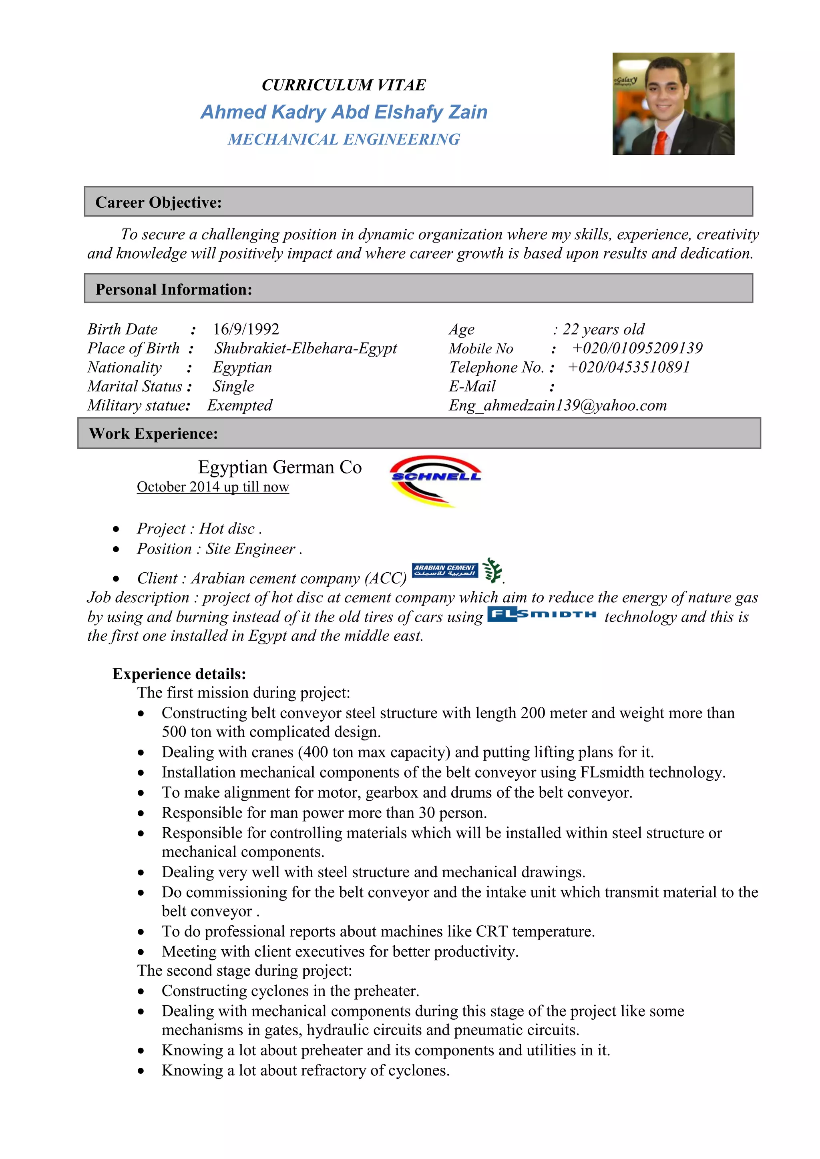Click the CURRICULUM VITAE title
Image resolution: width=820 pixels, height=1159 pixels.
coord(344,85)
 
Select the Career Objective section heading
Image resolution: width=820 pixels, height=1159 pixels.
coord(159,203)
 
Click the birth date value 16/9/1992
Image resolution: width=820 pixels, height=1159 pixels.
coord(246,329)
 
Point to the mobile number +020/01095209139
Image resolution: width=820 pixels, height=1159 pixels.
coord(637,348)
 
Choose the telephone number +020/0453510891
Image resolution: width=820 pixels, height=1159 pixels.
coord(629,367)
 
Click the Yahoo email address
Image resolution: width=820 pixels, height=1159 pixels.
coord(557,405)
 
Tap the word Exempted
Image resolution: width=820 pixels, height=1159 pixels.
coord(240,405)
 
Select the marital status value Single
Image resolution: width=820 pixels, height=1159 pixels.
coord(233,386)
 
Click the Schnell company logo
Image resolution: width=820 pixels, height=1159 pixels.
coord(435,480)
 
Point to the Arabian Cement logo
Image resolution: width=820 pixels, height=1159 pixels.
coord(445,570)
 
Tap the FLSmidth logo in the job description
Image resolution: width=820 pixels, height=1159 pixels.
coord(542,614)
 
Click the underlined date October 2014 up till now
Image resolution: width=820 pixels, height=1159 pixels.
coord(213,487)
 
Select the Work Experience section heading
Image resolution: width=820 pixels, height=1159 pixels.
coord(153,433)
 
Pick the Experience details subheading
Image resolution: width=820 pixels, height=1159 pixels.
coord(179,674)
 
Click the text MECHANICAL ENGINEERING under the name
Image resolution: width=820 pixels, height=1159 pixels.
coord(344,139)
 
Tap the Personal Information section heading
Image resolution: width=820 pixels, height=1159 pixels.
coord(174,289)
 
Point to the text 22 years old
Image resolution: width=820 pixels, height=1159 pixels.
coord(603,329)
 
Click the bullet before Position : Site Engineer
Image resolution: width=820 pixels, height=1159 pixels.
coord(117,549)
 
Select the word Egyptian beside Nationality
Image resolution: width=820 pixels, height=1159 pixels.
coord(242,367)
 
